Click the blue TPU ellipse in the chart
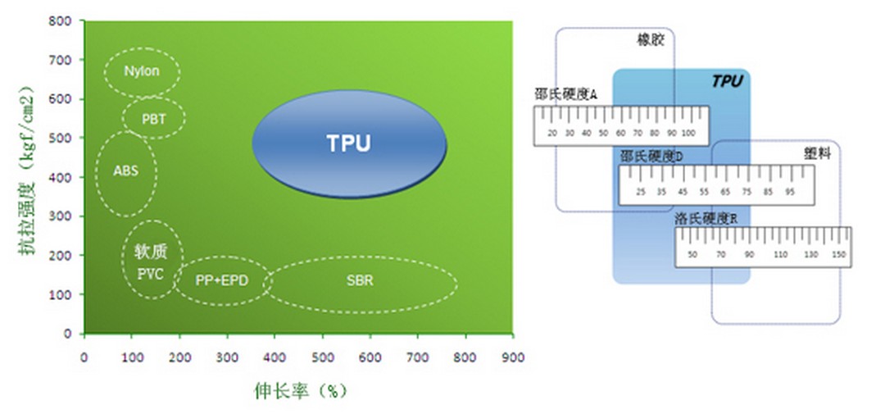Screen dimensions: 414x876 349,144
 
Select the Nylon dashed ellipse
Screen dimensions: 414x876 142,71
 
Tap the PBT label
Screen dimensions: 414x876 153,119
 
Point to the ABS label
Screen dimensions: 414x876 125,171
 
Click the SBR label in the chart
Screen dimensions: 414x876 360,280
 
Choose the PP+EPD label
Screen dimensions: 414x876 221,280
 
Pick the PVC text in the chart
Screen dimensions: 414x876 152,273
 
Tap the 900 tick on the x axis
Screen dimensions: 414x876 514,357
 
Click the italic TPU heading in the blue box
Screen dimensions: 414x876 727,81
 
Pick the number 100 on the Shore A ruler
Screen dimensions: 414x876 688,133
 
